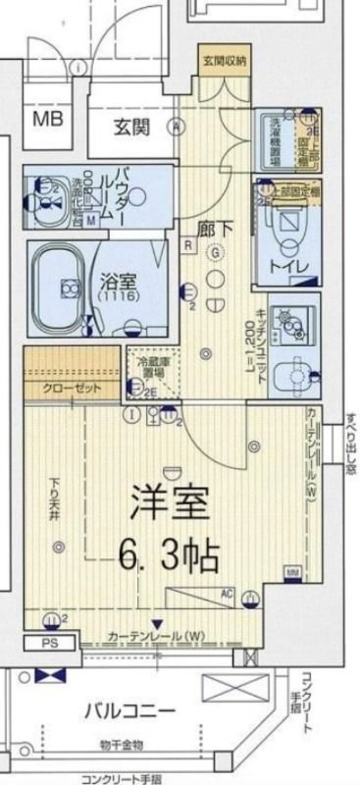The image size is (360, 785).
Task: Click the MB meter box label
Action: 46,120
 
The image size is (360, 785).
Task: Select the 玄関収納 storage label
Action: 225,61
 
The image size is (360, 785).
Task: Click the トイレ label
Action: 293,265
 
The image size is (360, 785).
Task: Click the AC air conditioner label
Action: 226,593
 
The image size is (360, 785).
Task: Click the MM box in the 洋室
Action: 291,570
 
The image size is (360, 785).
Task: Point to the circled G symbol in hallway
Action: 215,250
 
